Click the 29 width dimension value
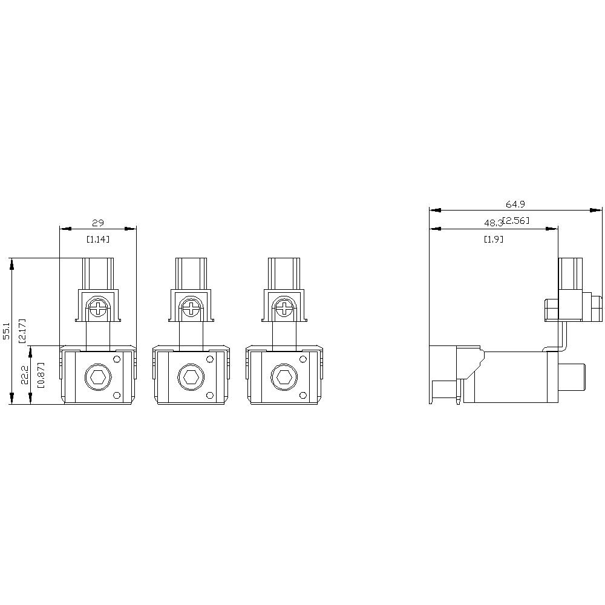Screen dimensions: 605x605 (x=98, y=223)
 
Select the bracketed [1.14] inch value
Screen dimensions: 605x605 (x=97, y=239)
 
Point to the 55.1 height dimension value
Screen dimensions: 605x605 (x=7, y=331)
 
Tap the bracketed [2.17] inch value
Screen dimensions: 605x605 (x=22, y=331)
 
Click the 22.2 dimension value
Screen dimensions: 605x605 (x=25, y=374)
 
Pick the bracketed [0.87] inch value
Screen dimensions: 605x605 (x=41, y=374)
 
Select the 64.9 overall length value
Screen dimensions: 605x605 (x=515, y=204)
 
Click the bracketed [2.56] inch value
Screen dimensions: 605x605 (x=516, y=221)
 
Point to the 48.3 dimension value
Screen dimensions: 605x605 (x=494, y=223)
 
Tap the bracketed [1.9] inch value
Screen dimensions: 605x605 (x=494, y=239)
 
